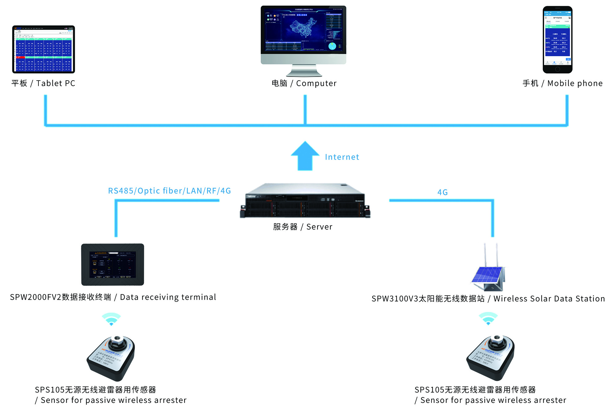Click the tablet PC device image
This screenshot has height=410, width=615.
coord(43,49)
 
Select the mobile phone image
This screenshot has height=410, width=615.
coord(557,40)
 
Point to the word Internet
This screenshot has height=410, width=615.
coord(342,157)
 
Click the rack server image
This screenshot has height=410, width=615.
coord(305,201)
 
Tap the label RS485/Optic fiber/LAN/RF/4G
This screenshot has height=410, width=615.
coord(169,191)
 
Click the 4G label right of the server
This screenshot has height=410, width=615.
coord(442,192)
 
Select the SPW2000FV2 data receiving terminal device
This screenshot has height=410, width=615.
coord(113,264)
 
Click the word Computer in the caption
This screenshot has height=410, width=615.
coord(316,83)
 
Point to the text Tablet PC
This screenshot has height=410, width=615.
coord(55,83)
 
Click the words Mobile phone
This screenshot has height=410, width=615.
coord(575,83)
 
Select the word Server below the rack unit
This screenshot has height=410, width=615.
coord(319,227)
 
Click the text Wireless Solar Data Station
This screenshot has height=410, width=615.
coord(549,299)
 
